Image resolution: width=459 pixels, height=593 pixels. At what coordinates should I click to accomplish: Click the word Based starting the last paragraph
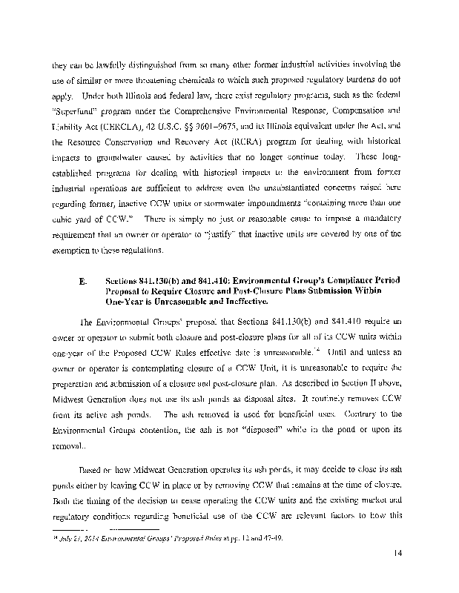pyautogui.click(x=92, y=489)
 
